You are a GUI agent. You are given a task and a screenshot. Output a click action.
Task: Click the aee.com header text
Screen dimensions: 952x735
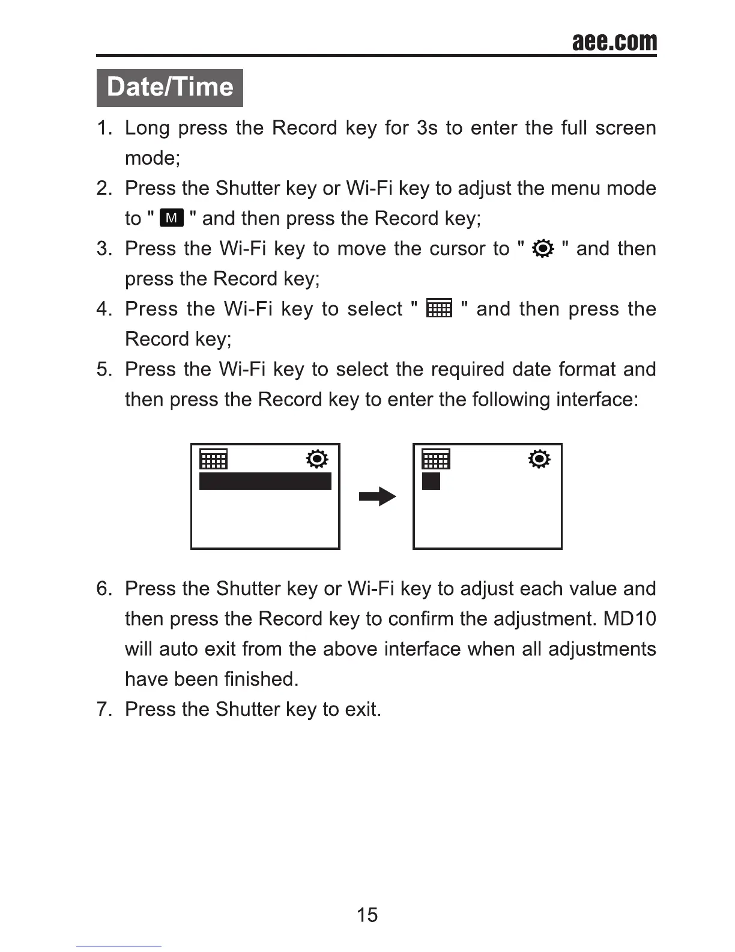[614, 41]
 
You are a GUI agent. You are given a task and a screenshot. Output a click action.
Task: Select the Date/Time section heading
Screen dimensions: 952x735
[170, 87]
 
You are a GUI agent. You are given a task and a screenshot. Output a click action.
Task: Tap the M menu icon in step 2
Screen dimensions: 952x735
[172, 218]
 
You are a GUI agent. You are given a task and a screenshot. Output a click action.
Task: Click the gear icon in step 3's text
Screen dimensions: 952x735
[543, 249]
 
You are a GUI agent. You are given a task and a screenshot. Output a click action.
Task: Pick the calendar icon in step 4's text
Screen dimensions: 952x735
[439, 309]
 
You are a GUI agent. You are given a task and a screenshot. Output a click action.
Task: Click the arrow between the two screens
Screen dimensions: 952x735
[377, 497]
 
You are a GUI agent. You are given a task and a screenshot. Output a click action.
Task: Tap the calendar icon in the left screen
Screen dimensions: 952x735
[213, 459]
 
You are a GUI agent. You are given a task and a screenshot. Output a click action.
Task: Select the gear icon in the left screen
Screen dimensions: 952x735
[317, 459]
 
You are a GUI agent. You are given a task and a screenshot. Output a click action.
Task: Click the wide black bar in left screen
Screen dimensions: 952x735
[265, 481]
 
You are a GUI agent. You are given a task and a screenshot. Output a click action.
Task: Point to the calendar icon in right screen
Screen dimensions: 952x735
[436, 459]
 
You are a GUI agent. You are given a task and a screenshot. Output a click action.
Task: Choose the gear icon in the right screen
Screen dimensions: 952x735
[539, 459]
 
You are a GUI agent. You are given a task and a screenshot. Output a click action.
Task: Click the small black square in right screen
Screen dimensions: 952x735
[431, 481]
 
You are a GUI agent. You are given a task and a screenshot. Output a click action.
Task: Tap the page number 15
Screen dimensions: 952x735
[367, 915]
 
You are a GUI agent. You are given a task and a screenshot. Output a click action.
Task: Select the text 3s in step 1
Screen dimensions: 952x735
[427, 128]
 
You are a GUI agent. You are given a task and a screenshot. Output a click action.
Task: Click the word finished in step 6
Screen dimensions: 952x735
[261, 679]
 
